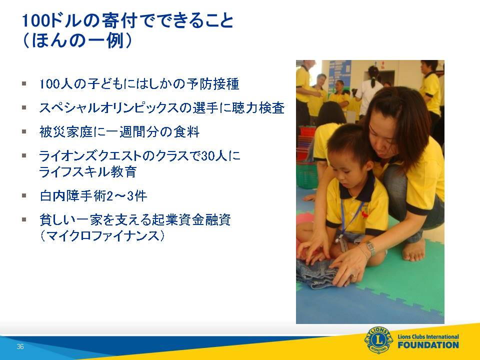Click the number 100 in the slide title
(35, 21)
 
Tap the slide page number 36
(20, 346)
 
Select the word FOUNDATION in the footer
(428, 345)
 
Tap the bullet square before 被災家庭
(24, 131)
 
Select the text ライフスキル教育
(88, 171)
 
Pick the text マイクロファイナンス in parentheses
(102, 236)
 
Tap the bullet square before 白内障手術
(24, 195)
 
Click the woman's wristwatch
(370, 248)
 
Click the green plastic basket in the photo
(306, 175)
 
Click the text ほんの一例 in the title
(77, 40)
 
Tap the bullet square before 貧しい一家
(24, 219)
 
